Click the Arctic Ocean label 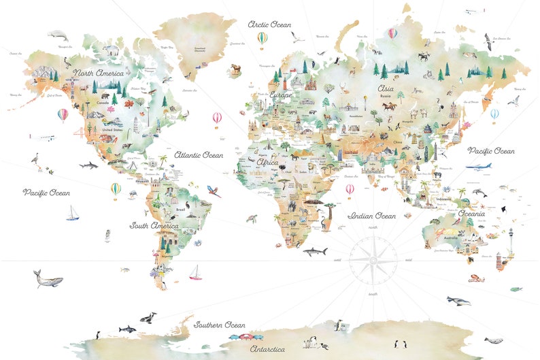269,24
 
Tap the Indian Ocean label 371,216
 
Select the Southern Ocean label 220,325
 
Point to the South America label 154,225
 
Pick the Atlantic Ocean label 199,155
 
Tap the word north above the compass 372,227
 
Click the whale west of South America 48,278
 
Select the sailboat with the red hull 196,273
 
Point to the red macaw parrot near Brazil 214,193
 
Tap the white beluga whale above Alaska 58,35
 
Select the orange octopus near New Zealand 475,277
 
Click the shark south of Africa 314,252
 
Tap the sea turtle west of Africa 252,219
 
